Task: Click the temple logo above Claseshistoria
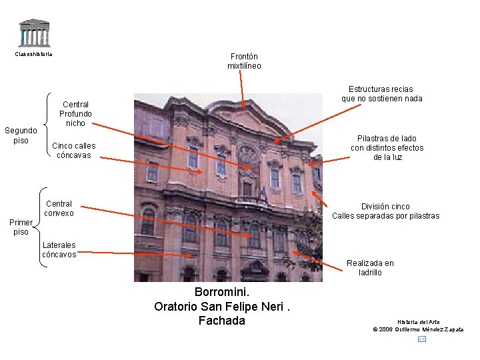[34, 33]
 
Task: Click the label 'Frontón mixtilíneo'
[244, 61]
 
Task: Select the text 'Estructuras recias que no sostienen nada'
[381, 93]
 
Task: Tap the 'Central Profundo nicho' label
[75, 113]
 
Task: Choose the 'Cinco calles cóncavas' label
[73, 151]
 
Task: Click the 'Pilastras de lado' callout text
[387, 147]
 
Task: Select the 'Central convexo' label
[59, 208]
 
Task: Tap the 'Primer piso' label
[21, 227]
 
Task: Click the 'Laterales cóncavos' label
[59, 249]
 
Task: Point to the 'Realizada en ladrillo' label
[370, 267]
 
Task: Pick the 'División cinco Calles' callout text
[385, 211]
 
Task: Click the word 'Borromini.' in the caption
[222, 292]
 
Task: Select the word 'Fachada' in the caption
[222, 321]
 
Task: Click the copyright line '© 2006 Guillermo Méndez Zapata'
[418, 329]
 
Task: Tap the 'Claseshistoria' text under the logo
[33, 54]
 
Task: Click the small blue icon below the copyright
[421, 339]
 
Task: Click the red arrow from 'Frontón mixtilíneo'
[243, 89]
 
